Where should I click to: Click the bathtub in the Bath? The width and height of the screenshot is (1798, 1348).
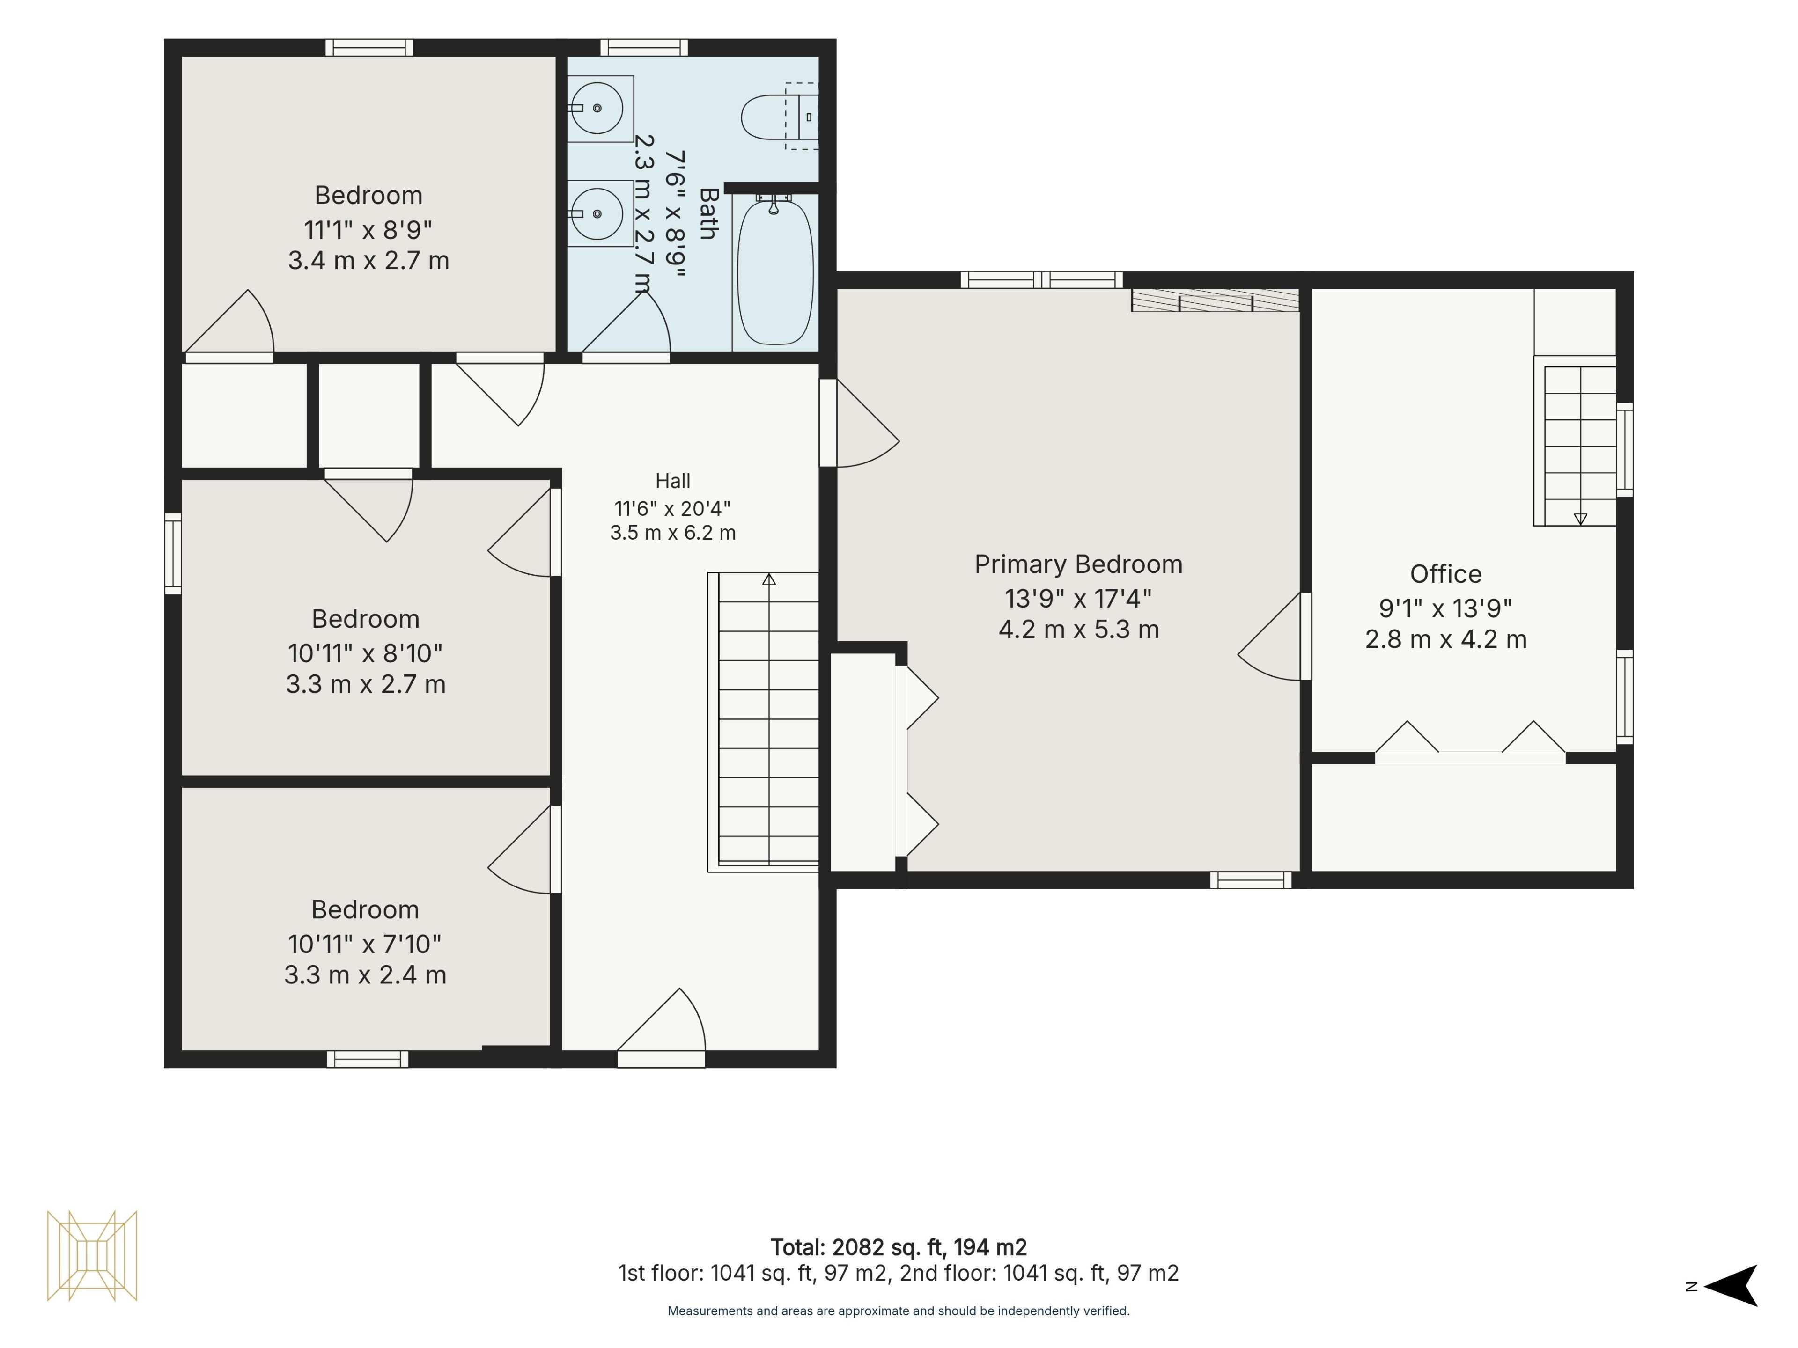(774, 272)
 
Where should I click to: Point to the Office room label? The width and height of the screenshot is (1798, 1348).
(1445, 574)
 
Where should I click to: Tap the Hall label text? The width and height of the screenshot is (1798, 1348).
(673, 481)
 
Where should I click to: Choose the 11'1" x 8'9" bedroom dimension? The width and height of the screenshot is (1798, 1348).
(368, 230)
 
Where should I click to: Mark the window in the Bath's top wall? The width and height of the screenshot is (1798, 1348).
(644, 48)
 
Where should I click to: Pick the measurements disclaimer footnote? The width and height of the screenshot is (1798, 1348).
(898, 1311)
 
